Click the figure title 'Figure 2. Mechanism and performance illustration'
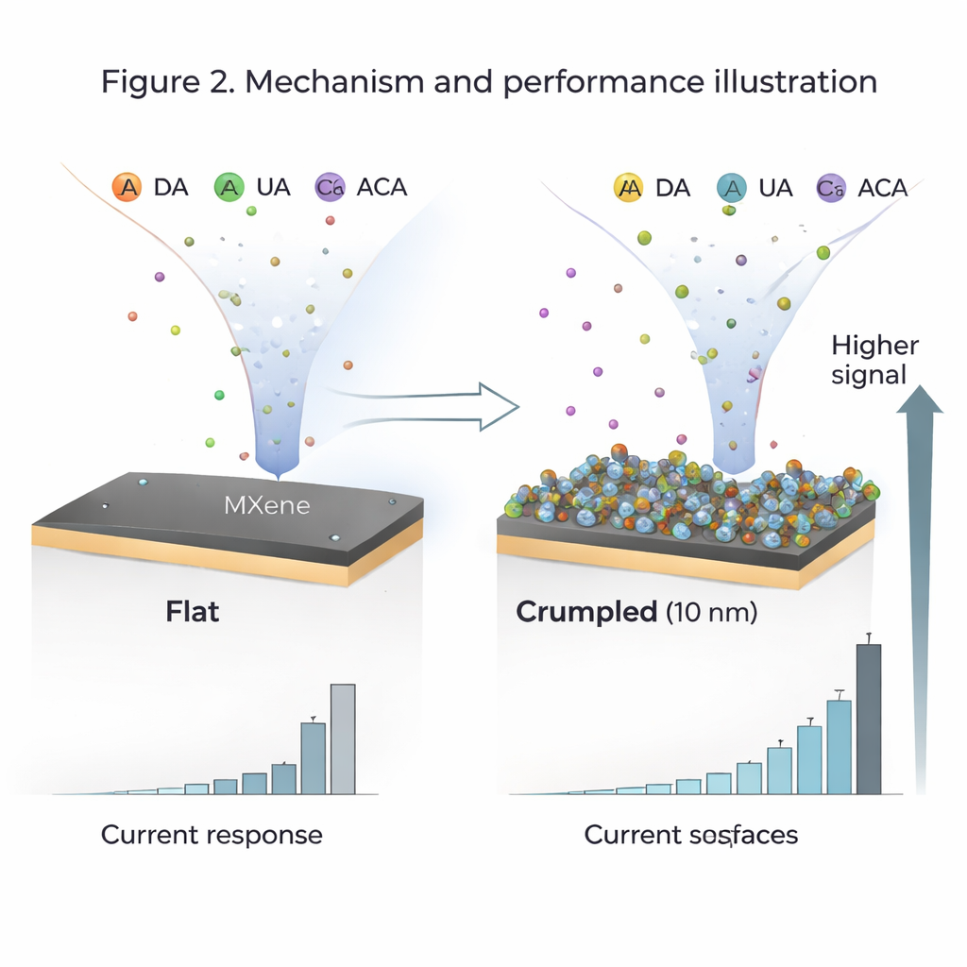[x=489, y=81]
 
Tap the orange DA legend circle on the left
[x=127, y=187]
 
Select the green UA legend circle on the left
[x=229, y=187]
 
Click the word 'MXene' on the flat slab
[x=266, y=505]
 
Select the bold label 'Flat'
[x=193, y=611]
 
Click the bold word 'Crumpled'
[x=586, y=612]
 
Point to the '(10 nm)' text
[x=711, y=612]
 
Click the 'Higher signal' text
[x=874, y=360]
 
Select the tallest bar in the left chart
[x=343, y=738]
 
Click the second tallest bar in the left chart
[x=314, y=757]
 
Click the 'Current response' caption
[x=212, y=835]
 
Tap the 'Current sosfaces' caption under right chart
[x=690, y=835]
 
